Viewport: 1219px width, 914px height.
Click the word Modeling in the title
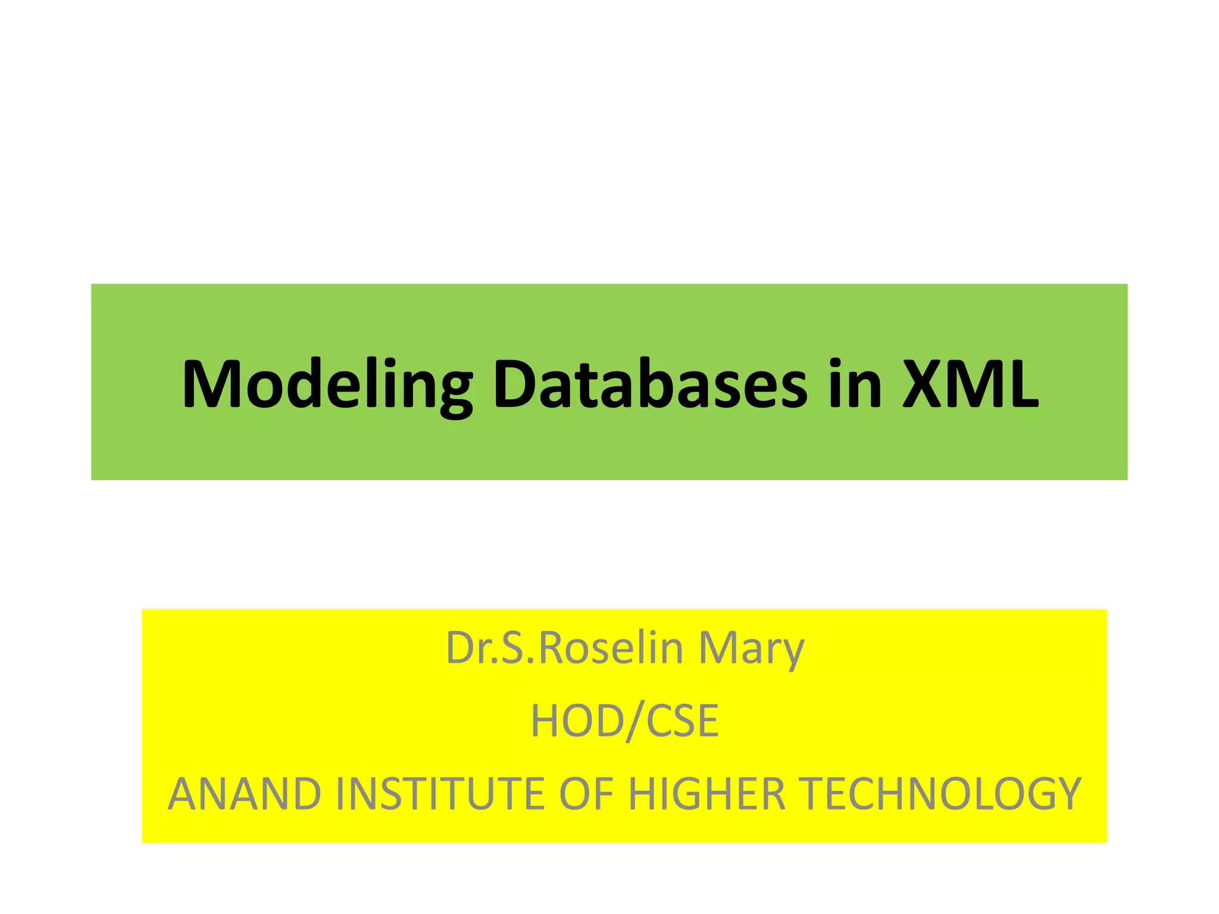coord(327,386)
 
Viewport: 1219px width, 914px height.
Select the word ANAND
coord(244,794)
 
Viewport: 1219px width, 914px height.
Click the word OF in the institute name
coord(586,794)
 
